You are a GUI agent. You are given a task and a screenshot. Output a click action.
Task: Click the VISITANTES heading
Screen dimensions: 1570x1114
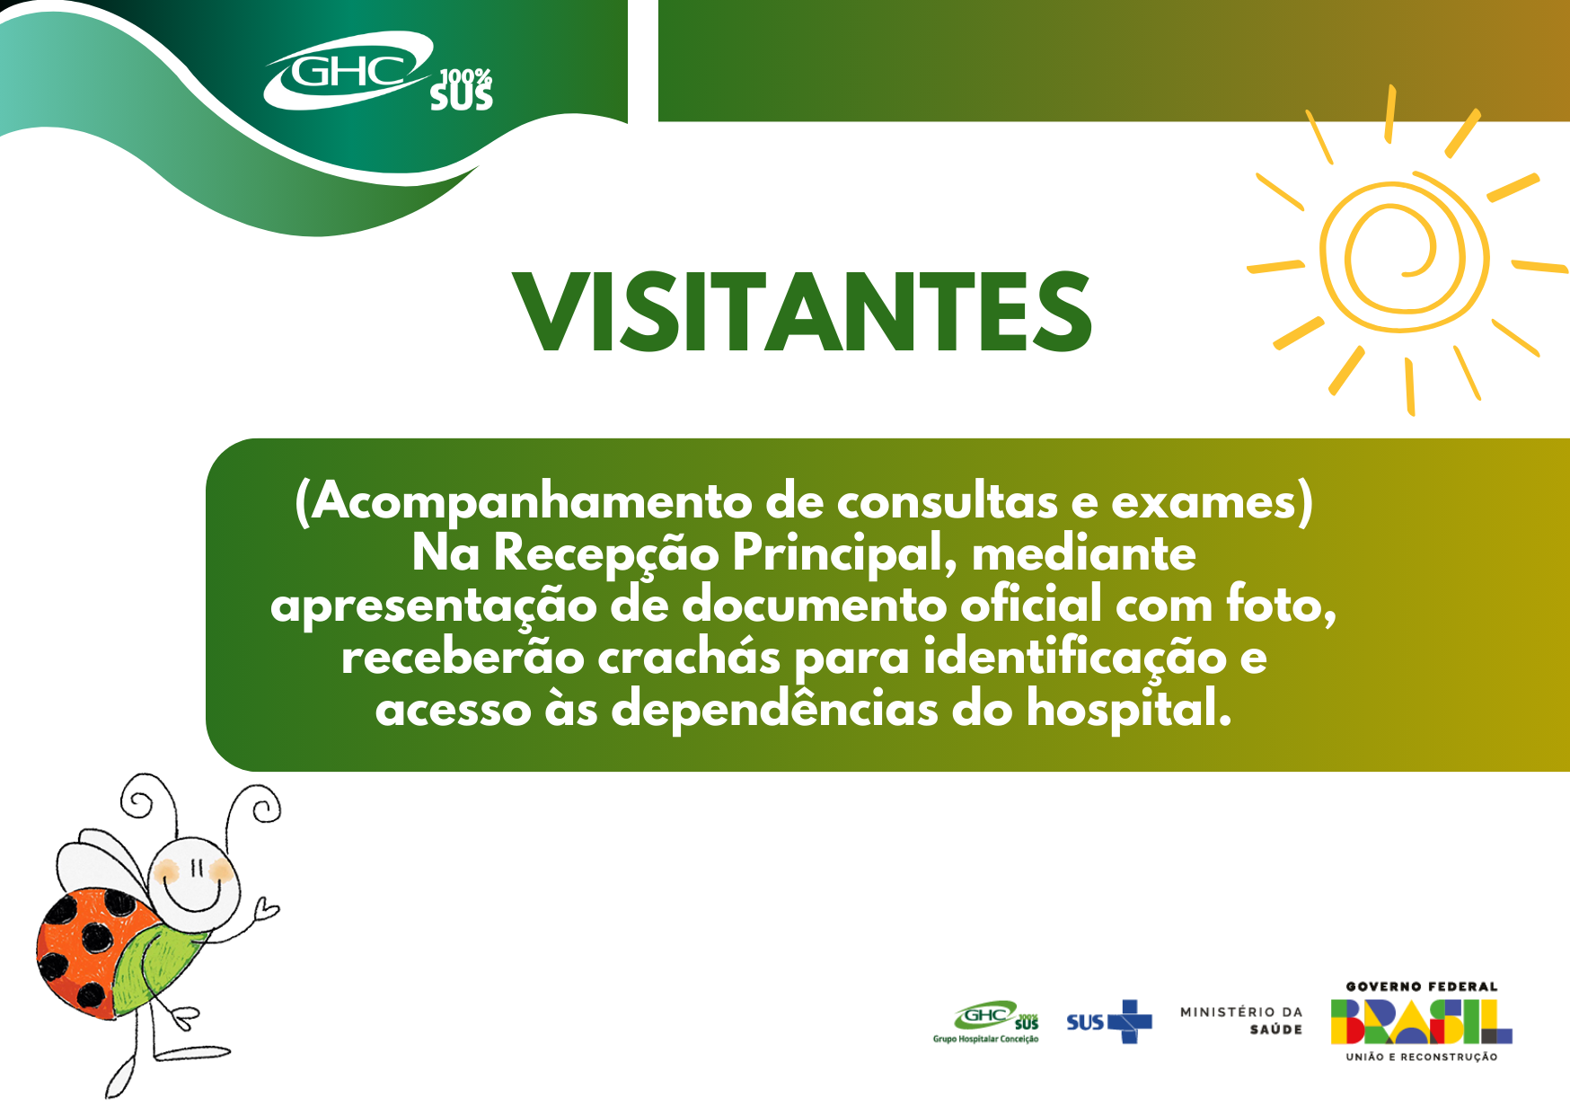click(x=802, y=311)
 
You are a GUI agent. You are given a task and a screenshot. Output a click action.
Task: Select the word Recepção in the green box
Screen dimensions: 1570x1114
click(x=606, y=553)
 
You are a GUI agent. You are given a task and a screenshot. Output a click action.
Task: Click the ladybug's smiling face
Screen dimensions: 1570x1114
click(x=196, y=875)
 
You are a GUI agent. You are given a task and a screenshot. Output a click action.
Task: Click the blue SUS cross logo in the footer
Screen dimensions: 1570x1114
click(x=1108, y=1022)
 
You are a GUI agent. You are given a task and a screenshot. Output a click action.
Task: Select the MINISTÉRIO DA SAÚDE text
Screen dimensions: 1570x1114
click(x=1241, y=1021)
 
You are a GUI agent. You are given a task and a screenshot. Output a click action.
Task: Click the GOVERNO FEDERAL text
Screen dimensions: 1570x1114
click(x=1422, y=986)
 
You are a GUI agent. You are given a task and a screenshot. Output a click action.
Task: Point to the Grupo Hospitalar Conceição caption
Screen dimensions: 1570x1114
click(x=985, y=1039)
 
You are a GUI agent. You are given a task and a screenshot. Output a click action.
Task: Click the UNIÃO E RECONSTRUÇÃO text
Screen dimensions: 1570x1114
click(x=1422, y=1057)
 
